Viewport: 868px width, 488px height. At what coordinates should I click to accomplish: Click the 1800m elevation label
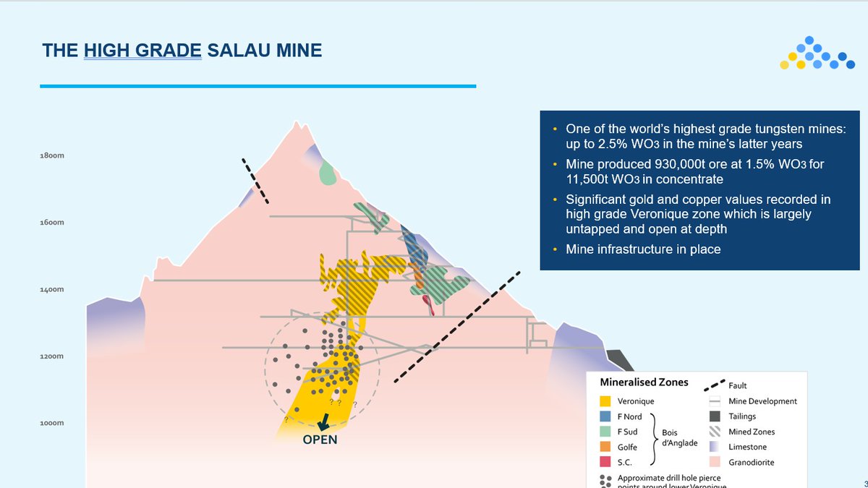pos(51,155)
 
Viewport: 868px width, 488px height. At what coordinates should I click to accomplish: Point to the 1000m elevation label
pos(51,422)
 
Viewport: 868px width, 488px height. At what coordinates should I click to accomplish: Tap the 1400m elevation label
pos(51,289)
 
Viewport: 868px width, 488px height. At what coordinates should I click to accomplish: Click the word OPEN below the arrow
pos(320,440)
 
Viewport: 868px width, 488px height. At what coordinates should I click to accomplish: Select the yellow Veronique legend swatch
pos(606,401)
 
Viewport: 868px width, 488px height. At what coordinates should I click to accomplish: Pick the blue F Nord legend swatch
pos(606,416)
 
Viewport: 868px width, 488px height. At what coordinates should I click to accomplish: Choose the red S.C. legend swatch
pos(606,463)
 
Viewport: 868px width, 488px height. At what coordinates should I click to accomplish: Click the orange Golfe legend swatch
pos(606,448)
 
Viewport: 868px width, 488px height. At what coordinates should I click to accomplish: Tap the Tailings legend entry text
pos(741,416)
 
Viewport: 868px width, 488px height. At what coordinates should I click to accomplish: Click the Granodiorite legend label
pos(752,462)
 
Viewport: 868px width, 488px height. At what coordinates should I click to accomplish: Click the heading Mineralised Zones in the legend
pos(644,382)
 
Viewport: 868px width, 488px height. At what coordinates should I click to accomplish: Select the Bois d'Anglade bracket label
pos(679,437)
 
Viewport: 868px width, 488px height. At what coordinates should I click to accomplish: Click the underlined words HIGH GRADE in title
pos(142,50)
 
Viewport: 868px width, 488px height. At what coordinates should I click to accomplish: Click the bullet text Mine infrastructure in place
pos(642,249)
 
